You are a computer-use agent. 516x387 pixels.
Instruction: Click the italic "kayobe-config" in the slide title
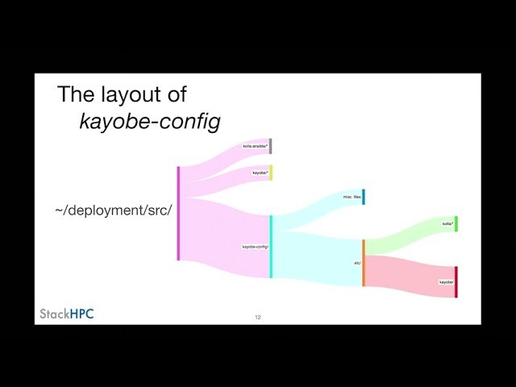(150, 121)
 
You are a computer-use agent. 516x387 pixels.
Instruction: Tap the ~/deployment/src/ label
(114, 210)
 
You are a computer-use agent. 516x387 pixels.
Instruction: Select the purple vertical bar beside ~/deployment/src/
(178, 213)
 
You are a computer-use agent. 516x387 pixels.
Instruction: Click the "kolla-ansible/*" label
(256, 146)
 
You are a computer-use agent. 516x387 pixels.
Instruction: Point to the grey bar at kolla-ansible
(271, 146)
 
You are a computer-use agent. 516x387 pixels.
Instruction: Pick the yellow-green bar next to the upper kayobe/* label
(271, 173)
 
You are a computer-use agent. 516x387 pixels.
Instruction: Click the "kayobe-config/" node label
(256, 246)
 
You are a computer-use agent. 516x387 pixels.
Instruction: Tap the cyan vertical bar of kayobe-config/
(271, 247)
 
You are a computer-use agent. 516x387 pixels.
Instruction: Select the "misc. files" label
(351, 197)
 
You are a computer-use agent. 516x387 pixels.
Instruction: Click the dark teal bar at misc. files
(364, 197)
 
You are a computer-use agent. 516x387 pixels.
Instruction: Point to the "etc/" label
(357, 263)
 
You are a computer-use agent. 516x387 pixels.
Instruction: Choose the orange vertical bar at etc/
(364, 263)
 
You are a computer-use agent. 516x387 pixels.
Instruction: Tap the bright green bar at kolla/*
(456, 223)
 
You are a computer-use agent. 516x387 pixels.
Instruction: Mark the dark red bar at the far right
(456, 282)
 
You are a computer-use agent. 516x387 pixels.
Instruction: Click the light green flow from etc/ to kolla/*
(407, 235)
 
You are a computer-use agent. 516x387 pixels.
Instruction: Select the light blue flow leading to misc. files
(314, 210)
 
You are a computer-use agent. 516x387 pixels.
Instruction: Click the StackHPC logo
(67, 313)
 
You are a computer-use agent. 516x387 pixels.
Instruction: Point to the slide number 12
(258, 318)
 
